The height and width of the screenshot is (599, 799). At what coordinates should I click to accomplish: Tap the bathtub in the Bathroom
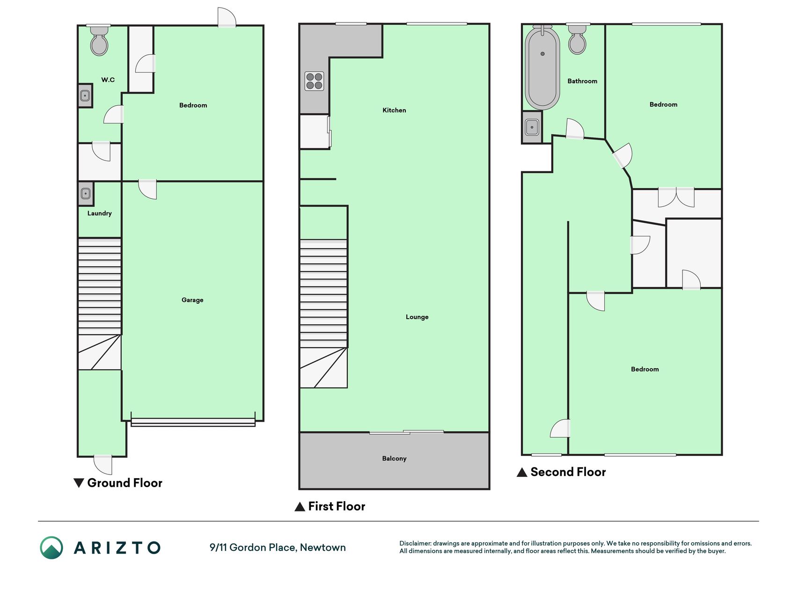(x=542, y=68)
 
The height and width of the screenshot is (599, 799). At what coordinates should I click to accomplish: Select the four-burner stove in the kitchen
(x=314, y=80)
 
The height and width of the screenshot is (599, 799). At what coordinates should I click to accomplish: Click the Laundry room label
(x=99, y=213)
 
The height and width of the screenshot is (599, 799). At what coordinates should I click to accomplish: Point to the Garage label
(x=192, y=300)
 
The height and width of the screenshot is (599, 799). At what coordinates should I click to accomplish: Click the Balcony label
(x=394, y=459)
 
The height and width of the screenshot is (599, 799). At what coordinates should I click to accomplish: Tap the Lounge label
(x=417, y=317)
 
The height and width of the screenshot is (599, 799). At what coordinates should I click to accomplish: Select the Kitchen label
(x=394, y=110)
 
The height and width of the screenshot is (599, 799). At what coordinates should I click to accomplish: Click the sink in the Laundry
(x=86, y=193)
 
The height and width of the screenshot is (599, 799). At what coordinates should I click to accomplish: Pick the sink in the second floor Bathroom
(x=532, y=127)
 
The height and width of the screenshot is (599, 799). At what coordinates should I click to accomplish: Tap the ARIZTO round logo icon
(x=51, y=548)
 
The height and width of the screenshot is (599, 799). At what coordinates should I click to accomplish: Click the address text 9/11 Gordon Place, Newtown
(x=278, y=548)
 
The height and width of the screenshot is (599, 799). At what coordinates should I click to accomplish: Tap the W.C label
(x=108, y=80)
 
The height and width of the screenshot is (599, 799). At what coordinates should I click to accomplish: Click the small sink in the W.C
(x=85, y=96)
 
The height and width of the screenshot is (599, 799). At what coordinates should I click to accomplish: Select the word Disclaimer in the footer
(x=415, y=543)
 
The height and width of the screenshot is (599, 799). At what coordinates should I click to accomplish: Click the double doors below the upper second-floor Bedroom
(x=676, y=197)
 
